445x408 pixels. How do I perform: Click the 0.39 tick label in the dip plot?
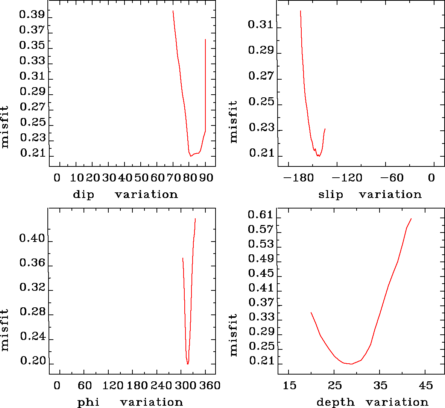(32, 15)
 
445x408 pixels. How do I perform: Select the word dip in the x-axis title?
(84, 195)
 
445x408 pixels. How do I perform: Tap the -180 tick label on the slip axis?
(299, 178)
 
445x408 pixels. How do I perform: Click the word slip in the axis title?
(331, 195)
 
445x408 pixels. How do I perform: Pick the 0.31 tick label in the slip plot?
(261, 25)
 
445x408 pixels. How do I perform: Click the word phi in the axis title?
(88, 402)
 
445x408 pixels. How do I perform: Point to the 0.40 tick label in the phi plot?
(32, 239)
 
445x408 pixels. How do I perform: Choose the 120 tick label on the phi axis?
(113, 385)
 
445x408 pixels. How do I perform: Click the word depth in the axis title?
(335, 402)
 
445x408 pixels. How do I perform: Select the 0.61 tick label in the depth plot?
(261, 215)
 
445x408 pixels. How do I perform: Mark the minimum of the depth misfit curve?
(351, 364)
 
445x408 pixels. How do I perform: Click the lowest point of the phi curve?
(188, 364)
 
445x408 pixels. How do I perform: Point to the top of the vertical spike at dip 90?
(205, 39)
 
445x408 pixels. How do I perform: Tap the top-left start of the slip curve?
(301, 11)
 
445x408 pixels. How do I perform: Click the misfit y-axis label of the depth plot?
(234, 335)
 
